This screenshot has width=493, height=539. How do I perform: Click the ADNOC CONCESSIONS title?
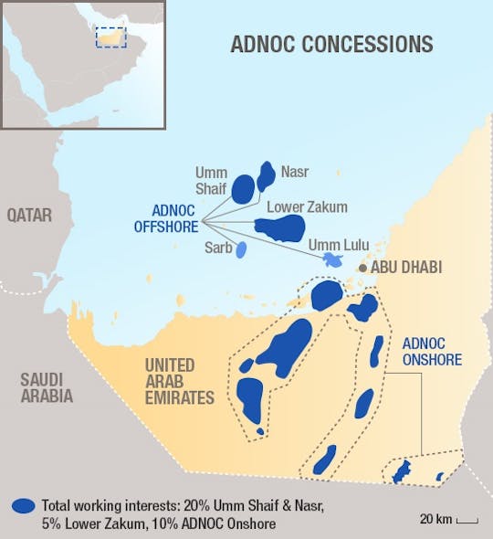click(x=331, y=44)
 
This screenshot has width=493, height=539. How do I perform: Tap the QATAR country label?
click(x=29, y=216)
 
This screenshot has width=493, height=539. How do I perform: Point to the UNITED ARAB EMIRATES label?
click(x=180, y=382)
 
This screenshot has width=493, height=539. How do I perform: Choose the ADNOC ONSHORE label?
click(x=432, y=353)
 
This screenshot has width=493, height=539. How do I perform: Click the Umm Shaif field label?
click(x=212, y=180)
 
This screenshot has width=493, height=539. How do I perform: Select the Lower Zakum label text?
click(x=307, y=207)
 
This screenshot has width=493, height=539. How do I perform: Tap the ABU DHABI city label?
click(x=407, y=268)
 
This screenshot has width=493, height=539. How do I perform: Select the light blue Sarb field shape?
click(x=241, y=248)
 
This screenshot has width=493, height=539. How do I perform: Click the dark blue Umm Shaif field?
click(x=243, y=189)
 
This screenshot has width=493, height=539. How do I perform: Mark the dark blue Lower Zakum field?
click(x=280, y=227)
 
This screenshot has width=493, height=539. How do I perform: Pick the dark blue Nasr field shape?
click(x=266, y=174)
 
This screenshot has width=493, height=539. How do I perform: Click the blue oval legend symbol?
click(x=25, y=506)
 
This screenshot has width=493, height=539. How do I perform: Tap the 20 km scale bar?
click(x=467, y=522)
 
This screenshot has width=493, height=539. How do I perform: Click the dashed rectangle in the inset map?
click(x=110, y=36)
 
